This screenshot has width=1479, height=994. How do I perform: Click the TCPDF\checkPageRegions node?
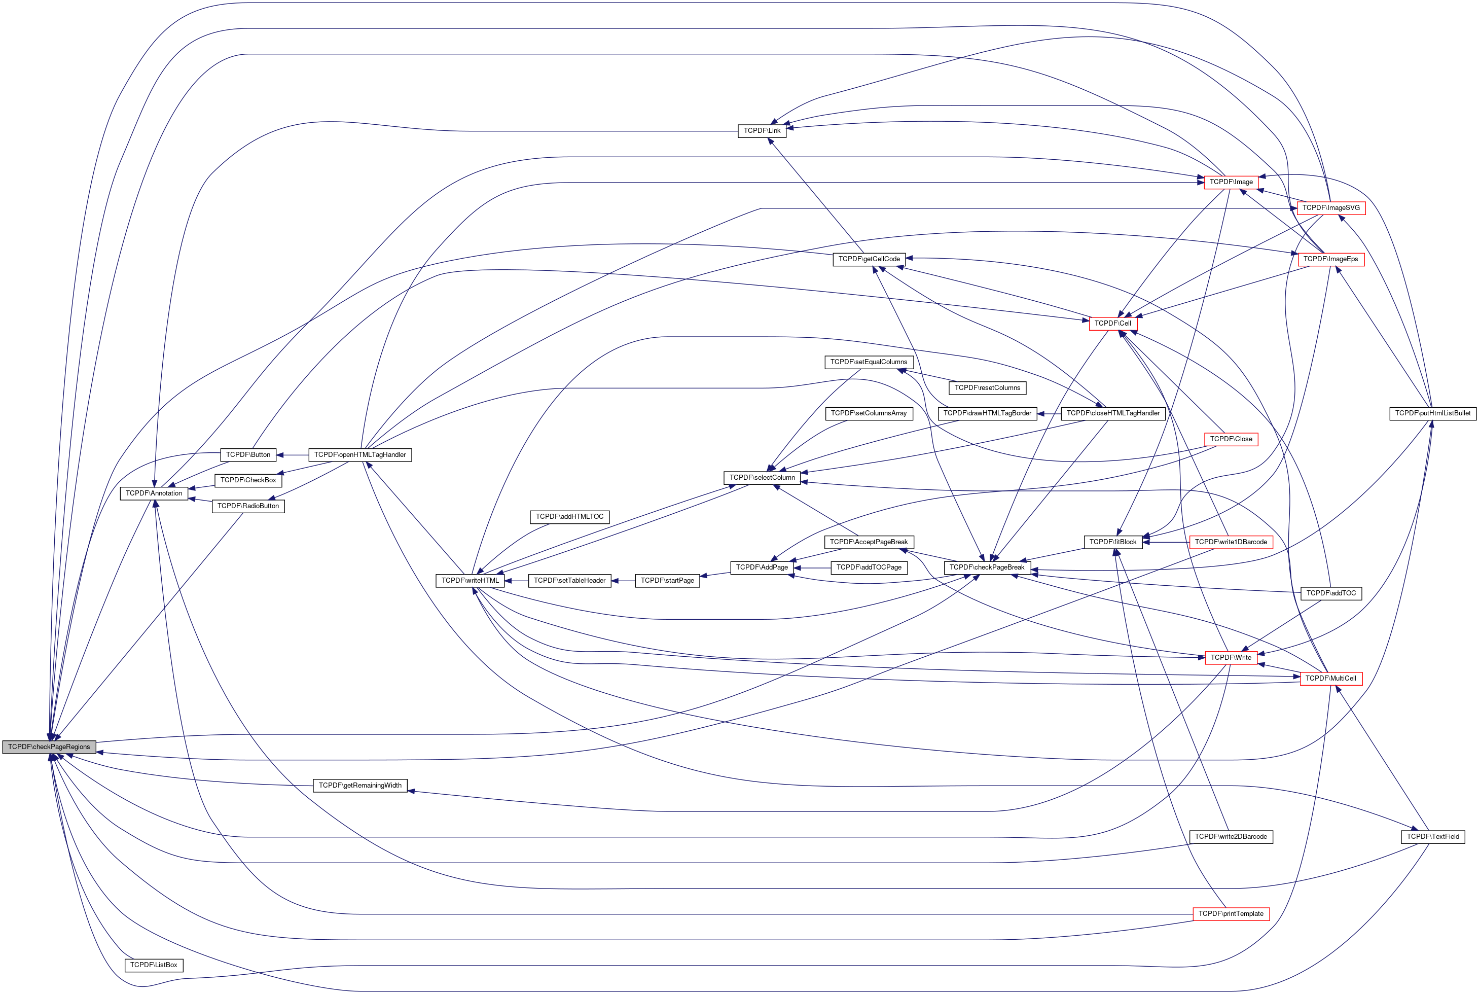click(x=49, y=747)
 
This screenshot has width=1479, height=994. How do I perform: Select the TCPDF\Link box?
click(x=762, y=131)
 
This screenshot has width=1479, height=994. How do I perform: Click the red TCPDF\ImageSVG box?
click(x=1331, y=208)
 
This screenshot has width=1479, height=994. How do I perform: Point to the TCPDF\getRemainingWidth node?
click(x=360, y=786)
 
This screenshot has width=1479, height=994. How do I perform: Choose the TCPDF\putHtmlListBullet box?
click(x=1432, y=413)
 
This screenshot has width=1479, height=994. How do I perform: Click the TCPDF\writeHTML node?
click(x=470, y=581)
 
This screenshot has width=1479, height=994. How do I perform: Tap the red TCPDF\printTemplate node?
click(x=1231, y=913)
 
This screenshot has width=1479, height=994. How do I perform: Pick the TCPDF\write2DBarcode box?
click(x=1231, y=837)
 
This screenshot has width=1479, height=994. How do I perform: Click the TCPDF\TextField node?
click(x=1433, y=837)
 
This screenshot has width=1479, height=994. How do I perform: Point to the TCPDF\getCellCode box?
click(x=869, y=259)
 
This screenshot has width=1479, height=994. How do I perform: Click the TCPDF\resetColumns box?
click(x=987, y=387)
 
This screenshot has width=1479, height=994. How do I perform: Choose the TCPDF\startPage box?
click(x=667, y=581)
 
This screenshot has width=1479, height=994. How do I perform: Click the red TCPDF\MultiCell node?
click(x=1331, y=679)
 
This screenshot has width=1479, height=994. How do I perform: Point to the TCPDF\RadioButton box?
click(x=248, y=506)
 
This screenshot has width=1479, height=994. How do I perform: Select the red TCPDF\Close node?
click(x=1231, y=439)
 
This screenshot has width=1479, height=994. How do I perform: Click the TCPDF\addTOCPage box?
click(x=868, y=567)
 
